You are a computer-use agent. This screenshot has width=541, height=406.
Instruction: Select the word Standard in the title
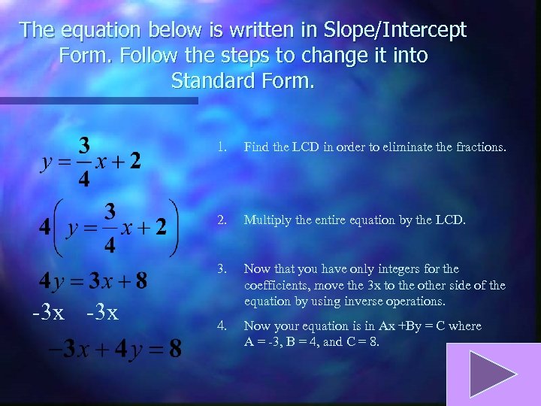[216, 80]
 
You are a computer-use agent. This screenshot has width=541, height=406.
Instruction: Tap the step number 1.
[221, 147]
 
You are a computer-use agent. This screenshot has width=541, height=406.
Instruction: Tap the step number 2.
[221, 220]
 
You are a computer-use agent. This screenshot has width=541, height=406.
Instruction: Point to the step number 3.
[221, 268]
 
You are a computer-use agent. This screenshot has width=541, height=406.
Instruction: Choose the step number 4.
[221, 326]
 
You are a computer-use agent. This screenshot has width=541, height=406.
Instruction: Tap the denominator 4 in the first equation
[86, 180]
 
